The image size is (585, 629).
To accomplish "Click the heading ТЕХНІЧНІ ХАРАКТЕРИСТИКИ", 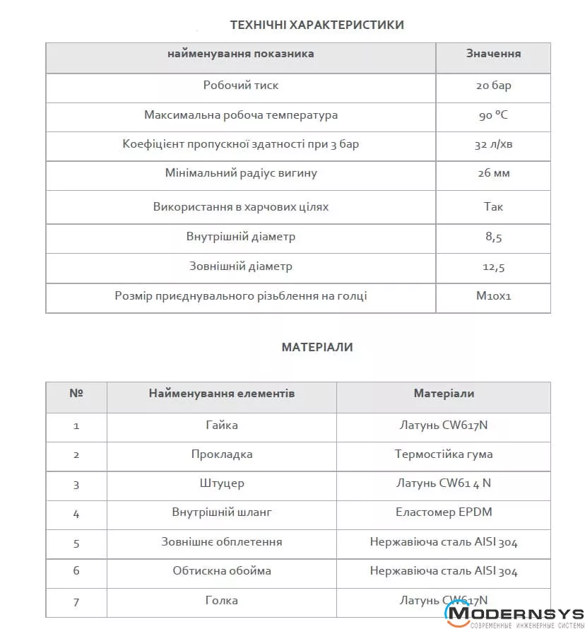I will pyautogui.click(x=317, y=25).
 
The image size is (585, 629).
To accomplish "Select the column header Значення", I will pyautogui.click(x=493, y=54).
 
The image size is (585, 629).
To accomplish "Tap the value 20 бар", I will pyautogui.click(x=493, y=86).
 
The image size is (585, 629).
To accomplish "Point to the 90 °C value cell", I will pyautogui.click(x=493, y=115).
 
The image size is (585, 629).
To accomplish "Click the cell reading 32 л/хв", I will pyautogui.click(x=493, y=145).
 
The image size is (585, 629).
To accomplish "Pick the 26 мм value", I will pyautogui.click(x=493, y=174).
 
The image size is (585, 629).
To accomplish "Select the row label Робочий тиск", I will pyautogui.click(x=241, y=86).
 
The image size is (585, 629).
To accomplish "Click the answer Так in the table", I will pyautogui.click(x=493, y=207).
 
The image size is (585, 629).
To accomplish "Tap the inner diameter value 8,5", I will pyautogui.click(x=493, y=237).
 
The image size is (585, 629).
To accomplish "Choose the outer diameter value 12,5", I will pyautogui.click(x=493, y=267).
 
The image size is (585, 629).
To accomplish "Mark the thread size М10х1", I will pyautogui.click(x=493, y=297).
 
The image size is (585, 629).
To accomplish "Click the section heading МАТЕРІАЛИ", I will pyautogui.click(x=317, y=347).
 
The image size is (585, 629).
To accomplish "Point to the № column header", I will pyautogui.click(x=76, y=394).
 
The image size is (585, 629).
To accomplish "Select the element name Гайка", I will pyautogui.click(x=221, y=425).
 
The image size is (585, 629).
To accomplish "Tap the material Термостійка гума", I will pyautogui.click(x=443, y=454).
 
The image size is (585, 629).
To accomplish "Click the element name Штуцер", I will pyautogui.click(x=221, y=484).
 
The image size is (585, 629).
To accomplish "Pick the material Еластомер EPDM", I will pyautogui.click(x=443, y=513).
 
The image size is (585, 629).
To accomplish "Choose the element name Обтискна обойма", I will pyautogui.click(x=221, y=571).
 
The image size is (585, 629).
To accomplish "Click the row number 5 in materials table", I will pyautogui.click(x=76, y=543).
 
